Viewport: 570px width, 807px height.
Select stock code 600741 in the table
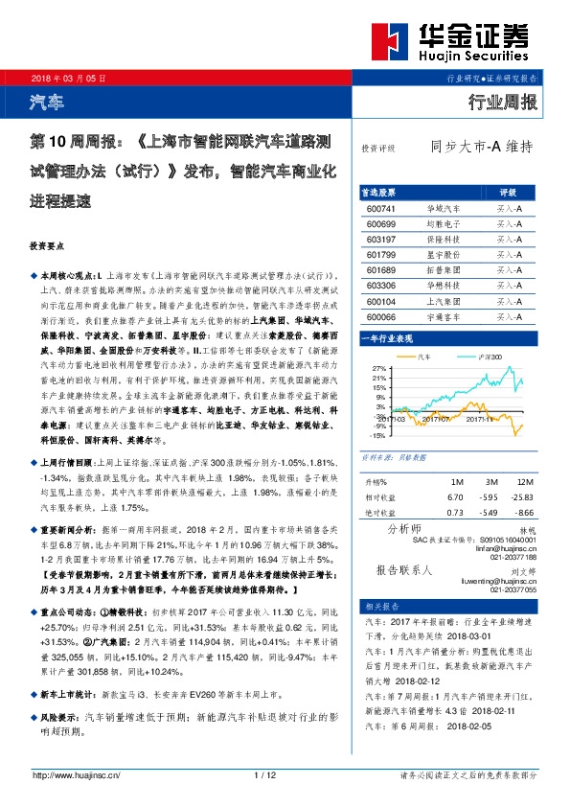pos(380,207)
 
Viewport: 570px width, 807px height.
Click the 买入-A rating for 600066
pos(509,317)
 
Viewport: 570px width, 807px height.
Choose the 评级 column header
pos(509,192)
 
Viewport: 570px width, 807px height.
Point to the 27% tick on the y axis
pos(377,369)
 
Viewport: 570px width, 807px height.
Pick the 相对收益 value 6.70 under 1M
pos(455,497)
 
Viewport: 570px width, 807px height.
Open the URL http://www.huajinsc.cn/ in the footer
pos(75,775)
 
